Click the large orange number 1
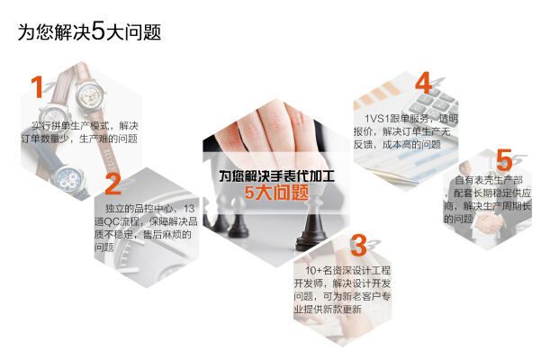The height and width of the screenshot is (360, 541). click(37, 87)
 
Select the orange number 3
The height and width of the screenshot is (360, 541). click(358, 245)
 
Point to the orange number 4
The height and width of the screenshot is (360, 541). click(423, 84)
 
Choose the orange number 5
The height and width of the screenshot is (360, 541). click(504, 160)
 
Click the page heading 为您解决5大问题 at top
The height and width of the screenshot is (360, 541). click(89, 31)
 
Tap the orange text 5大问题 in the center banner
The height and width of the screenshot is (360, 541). click(277, 193)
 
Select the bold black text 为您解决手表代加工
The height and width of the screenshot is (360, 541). click(276, 175)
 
